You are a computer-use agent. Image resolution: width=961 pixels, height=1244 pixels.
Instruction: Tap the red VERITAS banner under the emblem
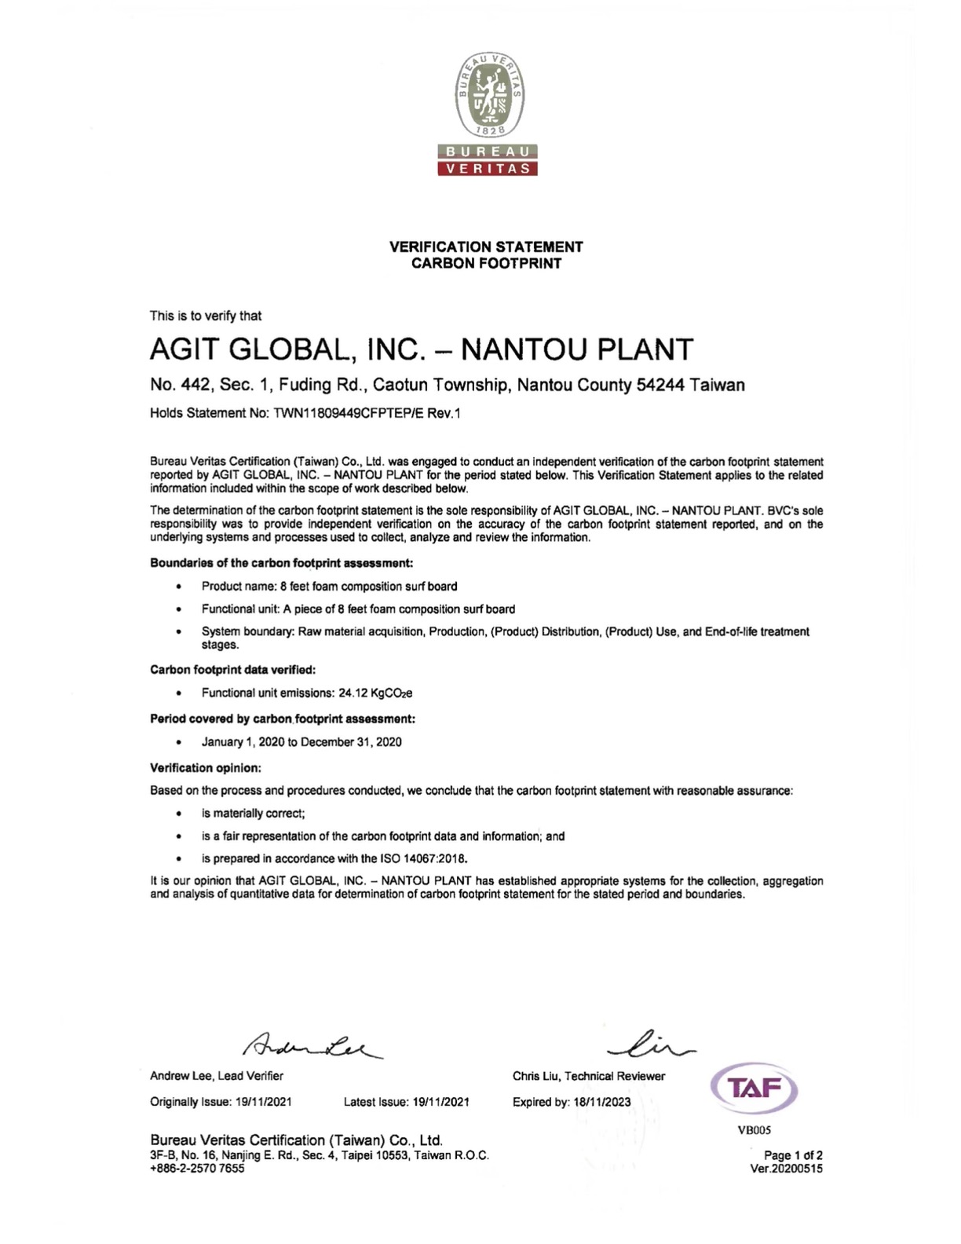pos(487,168)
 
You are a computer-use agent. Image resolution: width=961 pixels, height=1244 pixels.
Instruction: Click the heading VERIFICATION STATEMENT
pos(486,247)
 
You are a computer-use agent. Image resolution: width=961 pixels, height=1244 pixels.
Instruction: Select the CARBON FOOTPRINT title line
pos(486,263)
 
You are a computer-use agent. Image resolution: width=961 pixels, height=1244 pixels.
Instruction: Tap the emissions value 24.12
pos(353,693)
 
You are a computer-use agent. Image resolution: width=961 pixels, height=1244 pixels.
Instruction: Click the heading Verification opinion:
pos(206,767)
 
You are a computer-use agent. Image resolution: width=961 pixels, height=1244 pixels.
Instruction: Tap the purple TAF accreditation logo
pos(755,1088)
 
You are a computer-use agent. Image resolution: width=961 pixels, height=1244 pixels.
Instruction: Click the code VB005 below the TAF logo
pos(755,1130)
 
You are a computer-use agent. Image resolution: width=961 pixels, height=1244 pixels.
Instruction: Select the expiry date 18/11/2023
pos(601,1102)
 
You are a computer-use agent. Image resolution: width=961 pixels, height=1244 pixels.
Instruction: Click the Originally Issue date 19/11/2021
pos(263,1102)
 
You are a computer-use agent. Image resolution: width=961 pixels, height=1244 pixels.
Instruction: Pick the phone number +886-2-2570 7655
pos(197,1168)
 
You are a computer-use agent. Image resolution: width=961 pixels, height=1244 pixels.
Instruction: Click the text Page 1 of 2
pos(793,1155)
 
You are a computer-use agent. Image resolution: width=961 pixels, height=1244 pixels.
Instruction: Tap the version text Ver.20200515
pos(787,1168)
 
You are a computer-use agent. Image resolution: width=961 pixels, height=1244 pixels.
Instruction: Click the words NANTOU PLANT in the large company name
pos(577,349)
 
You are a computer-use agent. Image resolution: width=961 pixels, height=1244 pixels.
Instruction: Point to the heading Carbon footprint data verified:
pos(233,670)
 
